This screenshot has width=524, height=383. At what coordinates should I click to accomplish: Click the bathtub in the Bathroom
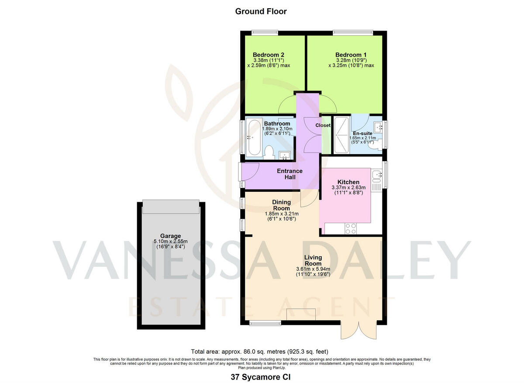click(x=253, y=137)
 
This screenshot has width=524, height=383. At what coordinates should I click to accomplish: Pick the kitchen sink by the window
click(x=376, y=177)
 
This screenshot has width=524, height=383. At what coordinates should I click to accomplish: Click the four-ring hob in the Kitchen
click(x=351, y=228)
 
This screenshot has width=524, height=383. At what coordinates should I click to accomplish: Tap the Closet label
click(x=323, y=125)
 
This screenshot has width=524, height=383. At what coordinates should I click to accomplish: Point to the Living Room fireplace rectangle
click(x=300, y=314)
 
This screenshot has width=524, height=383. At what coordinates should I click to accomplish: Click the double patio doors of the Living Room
click(x=358, y=331)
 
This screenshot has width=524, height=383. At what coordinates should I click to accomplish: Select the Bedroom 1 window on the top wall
click(x=353, y=32)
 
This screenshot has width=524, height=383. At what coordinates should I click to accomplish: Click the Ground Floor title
click(x=261, y=11)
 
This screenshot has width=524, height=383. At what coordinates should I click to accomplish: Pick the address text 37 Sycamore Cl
click(x=261, y=376)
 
